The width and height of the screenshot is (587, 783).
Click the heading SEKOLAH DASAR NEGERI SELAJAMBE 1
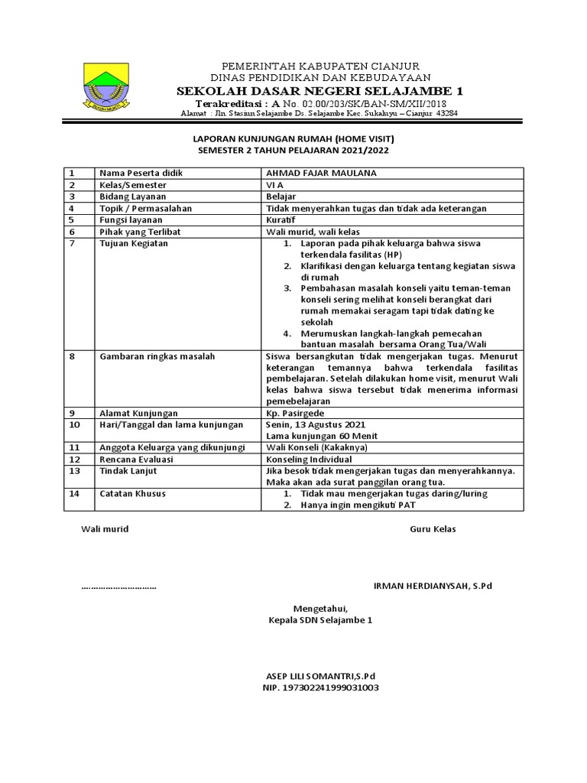click(x=320, y=90)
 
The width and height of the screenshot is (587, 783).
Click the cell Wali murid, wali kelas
click(x=312, y=231)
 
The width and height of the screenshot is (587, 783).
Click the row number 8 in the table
click(x=73, y=356)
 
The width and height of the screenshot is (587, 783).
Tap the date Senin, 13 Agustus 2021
click(x=315, y=424)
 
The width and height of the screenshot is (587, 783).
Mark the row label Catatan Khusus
click(x=133, y=494)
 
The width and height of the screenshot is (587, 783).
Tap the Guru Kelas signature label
click(x=433, y=529)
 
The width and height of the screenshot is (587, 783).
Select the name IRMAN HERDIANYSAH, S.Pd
click(x=433, y=586)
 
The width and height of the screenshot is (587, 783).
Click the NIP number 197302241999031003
click(x=320, y=687)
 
